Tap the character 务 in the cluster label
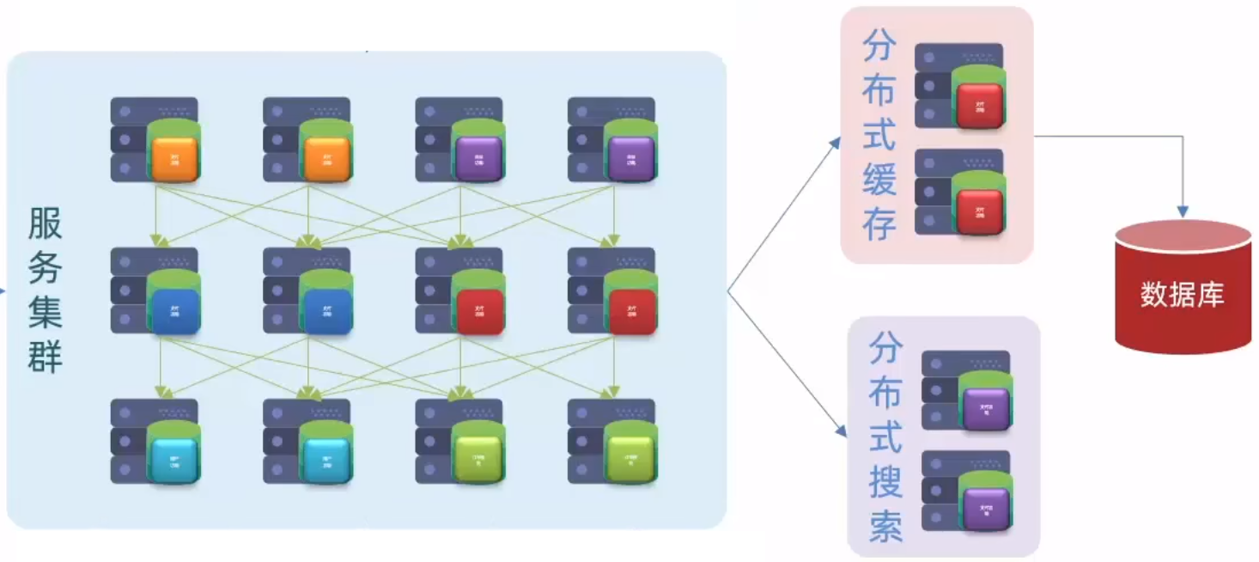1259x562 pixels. click(x=46, y=268)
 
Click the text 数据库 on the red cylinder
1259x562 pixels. click(x=1182, y=296)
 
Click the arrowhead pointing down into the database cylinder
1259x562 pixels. click(x=1183, y=211)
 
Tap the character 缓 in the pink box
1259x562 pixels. click(x=879, y=180)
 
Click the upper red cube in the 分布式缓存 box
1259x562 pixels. click(x=979, y=106)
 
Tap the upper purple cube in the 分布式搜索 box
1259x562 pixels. click(x=985, y=409)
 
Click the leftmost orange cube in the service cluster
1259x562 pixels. click(x=174, y=159)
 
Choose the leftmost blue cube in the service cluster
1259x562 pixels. click(x=174, y=310)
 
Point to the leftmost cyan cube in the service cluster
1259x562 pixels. click(x=174, y=460)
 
